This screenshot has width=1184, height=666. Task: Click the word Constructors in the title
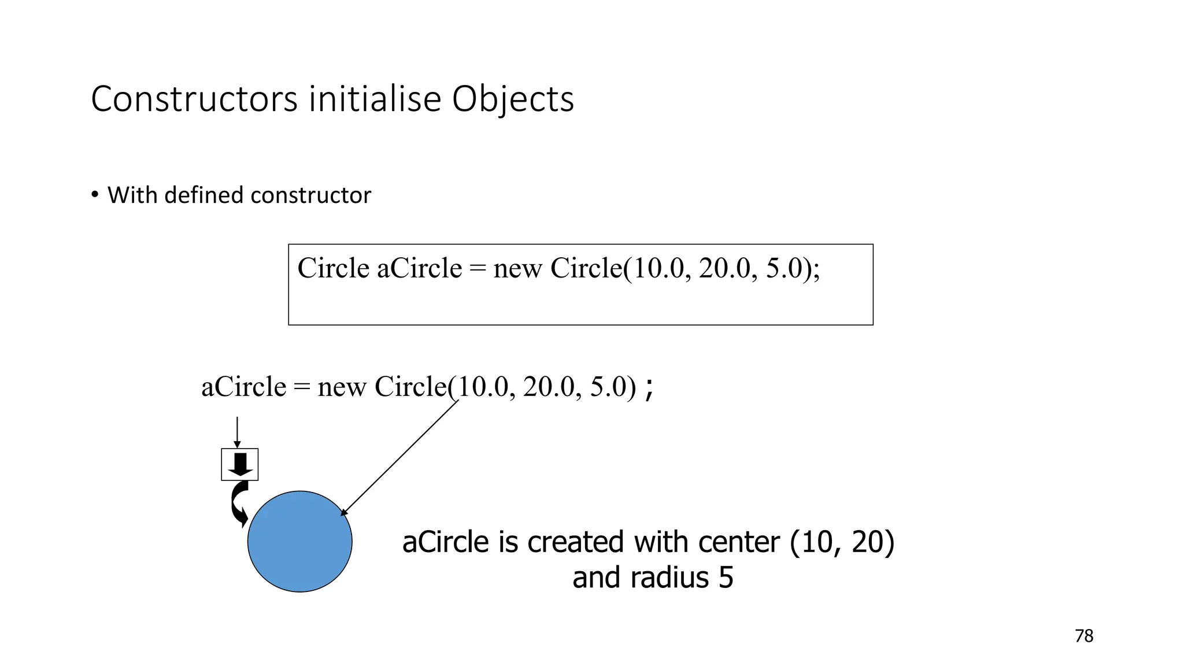(194, 99)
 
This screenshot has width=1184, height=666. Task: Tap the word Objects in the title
(512, 100)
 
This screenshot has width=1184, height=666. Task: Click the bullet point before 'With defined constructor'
(94, 194)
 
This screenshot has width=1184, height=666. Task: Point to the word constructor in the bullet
(310, 195)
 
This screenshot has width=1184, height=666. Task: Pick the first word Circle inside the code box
(333, 268)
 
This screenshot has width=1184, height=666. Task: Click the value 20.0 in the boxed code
(724, 268)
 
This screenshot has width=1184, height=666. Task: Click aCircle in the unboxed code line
(243, 387)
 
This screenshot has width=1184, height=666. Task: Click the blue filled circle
(299, 542)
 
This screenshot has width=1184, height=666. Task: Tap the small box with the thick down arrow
(239, 464)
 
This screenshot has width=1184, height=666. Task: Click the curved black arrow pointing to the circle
(238, 504)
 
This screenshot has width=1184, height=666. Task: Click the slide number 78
(1084, 636)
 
